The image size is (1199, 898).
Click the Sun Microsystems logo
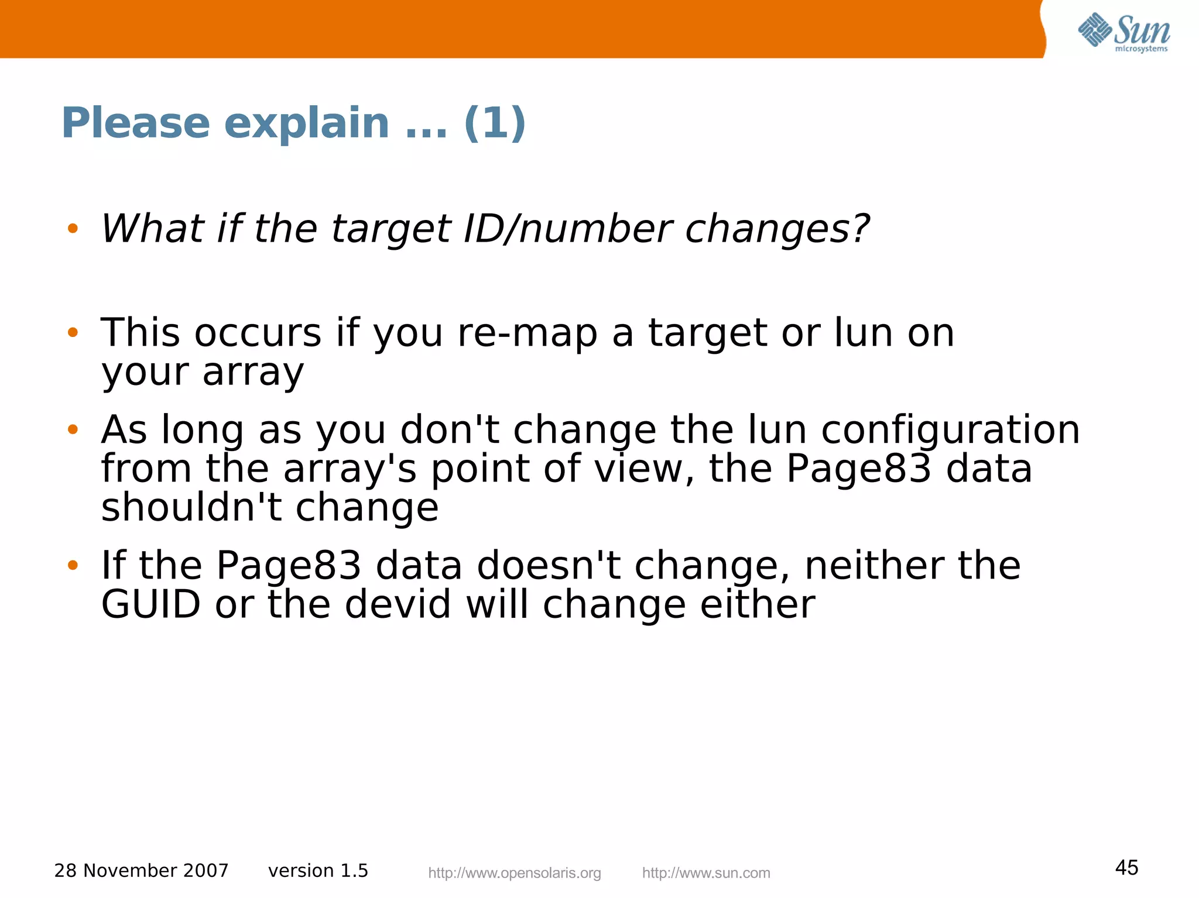pos(1123,32)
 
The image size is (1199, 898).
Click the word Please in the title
pos(135,123)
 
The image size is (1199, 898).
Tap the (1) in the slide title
pos(495,123)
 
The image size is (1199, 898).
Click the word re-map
pos(527,333)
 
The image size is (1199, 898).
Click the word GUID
pos(151,604)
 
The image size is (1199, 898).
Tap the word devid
pos(398,604)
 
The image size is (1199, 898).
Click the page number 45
pos(1126,868)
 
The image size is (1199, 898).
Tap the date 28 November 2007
pos(141,871)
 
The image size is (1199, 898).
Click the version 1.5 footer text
pos(318,871)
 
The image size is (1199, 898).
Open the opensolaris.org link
pos(515,873)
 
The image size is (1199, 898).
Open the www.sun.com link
pos(706,873)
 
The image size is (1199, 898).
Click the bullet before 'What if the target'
pos(73,229)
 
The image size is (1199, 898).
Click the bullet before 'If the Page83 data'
pos(73,565)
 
